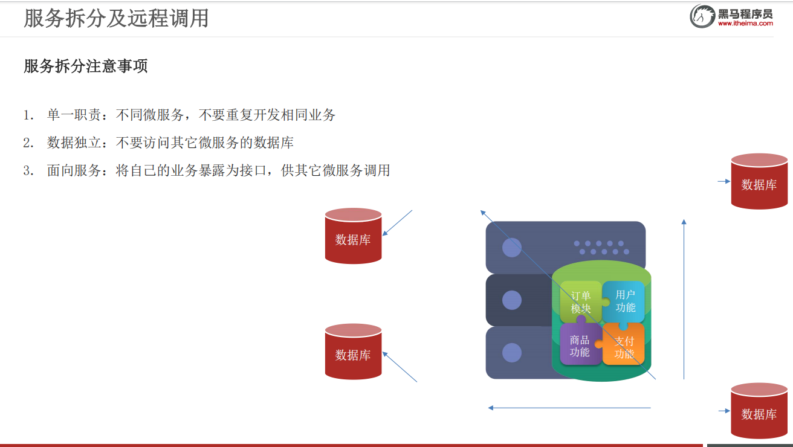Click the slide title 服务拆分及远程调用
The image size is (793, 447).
(116, 18)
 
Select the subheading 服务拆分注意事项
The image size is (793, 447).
(85, 66)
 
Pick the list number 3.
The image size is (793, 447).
(28, 170)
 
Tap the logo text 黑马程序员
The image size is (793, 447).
(745, 13)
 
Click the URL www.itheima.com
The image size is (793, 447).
(745, 24)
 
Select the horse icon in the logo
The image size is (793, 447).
(702, 16)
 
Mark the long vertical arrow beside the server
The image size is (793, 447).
(684, 299)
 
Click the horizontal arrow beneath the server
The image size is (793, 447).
(569, 408)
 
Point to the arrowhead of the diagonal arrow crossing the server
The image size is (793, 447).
(482, 211)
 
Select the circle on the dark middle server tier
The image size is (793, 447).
(511, 300)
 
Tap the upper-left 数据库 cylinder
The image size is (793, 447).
(353, 236)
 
